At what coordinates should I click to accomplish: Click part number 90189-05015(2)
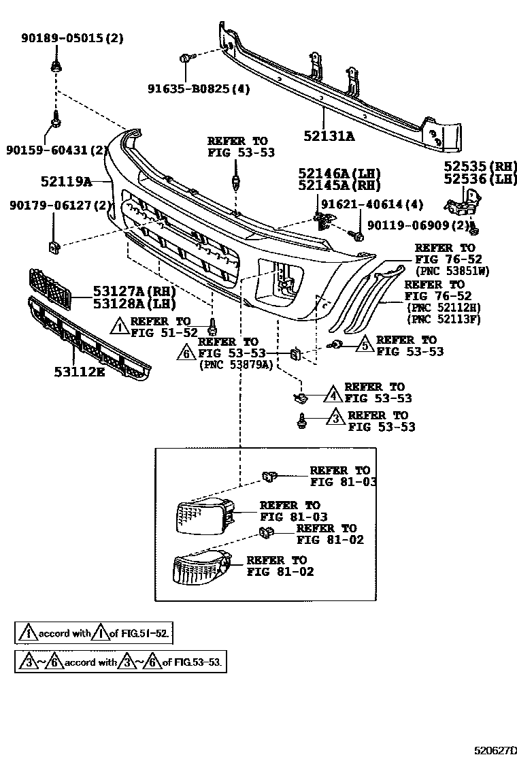71,39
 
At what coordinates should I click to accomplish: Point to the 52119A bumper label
66,181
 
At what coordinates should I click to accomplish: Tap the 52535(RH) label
477,166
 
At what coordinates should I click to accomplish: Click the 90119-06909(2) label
418,224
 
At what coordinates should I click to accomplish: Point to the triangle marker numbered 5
364,345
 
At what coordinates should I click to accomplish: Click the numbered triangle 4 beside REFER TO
333,393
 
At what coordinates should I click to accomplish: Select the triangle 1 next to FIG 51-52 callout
119,327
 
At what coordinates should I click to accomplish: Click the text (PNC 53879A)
235,364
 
